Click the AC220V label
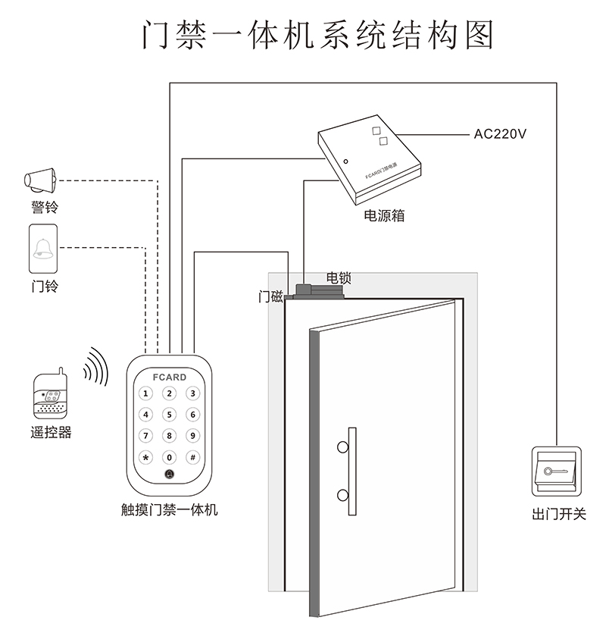click(500, 134)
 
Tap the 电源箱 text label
click(384, 215)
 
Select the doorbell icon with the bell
click(43, 249)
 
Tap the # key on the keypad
click(192, 457)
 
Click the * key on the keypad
click(146, 457)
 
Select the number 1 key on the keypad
click(146, 393)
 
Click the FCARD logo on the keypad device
click(169, 377)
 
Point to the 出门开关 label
click(559, 514)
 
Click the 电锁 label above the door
click(338, 278)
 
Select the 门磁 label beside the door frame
click(270, 297)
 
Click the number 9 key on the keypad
click(192, 436)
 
